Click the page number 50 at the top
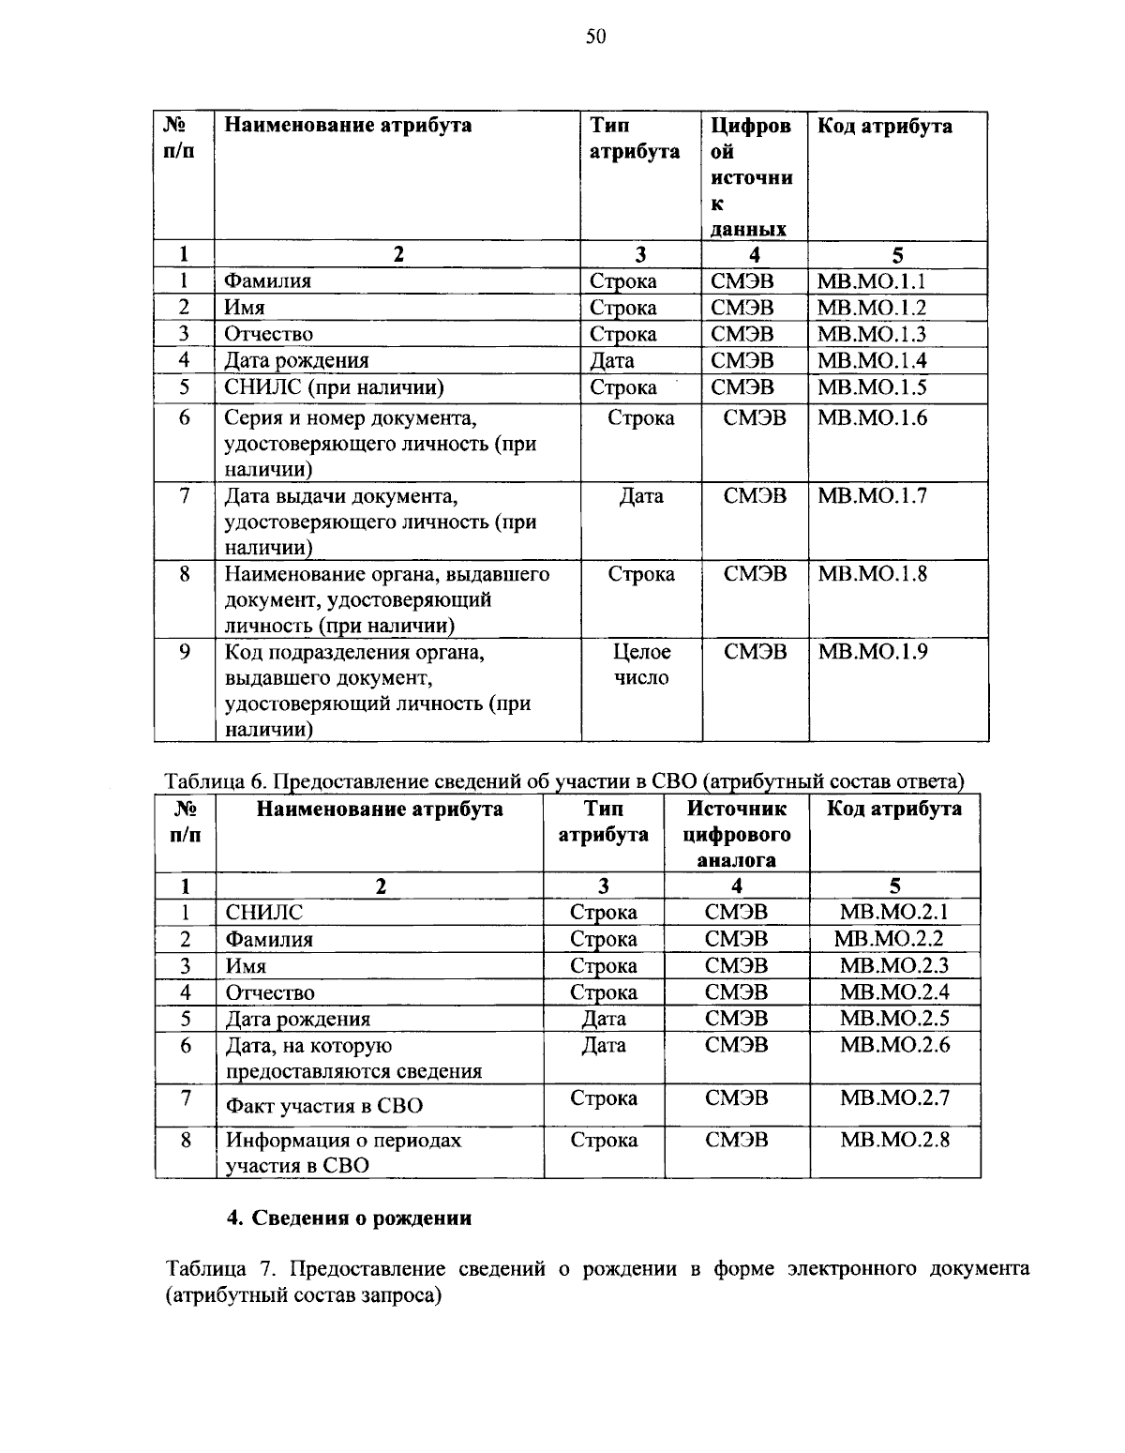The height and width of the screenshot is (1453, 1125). click(595, 37)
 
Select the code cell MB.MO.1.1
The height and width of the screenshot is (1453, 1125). click(871, 280)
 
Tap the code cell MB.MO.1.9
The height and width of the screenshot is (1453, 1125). click(872, 651)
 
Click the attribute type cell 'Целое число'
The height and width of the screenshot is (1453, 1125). click(641, 664)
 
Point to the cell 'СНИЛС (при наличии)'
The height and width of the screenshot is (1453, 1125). click(333, 387)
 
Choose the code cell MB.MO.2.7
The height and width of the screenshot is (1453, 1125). click(894, 1097)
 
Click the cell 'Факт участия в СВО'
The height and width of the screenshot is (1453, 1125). click(323, 1105)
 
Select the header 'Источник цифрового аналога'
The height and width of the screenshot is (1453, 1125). click(737, 834)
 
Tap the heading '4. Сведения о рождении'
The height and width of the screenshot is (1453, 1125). click(349, 1218)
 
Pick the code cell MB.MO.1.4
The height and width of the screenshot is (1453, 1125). click(871, 360)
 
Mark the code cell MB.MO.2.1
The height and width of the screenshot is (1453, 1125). click(894, 912)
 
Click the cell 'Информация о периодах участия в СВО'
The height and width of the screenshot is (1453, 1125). click(343, 1153)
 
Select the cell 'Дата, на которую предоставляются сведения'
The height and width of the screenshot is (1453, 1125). click(352, 1058)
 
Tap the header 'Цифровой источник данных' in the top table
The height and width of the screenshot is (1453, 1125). click(751, 176)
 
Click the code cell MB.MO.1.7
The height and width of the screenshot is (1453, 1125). click(872, 495)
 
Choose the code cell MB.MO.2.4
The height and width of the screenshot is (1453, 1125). click(894, 991)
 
